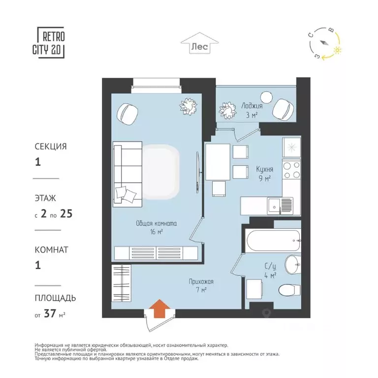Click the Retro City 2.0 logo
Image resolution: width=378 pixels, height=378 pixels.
49,42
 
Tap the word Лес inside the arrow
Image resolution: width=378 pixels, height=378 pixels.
200,46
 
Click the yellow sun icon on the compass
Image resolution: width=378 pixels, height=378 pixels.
337,50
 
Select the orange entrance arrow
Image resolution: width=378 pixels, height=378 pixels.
159,309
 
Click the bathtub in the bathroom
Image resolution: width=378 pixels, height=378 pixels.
273,241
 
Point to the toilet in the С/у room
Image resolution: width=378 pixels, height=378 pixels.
289,290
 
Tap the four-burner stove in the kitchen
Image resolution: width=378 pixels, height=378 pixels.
291,170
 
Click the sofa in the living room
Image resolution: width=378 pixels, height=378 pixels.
127,174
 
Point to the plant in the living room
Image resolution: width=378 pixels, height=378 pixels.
189,107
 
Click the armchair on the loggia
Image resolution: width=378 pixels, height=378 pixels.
283,109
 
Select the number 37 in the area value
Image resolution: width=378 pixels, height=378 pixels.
50,314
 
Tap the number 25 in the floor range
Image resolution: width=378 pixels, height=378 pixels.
66,214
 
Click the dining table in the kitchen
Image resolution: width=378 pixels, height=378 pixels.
218,162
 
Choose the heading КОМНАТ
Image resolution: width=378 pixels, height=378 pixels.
52,250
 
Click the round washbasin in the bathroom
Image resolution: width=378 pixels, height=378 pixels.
292,264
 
